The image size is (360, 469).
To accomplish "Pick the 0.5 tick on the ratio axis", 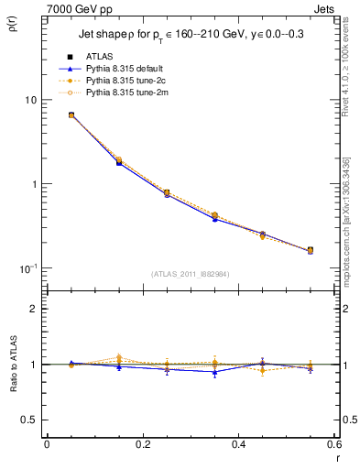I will point(30,420).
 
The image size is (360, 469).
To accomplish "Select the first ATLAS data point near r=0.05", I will point(71,115).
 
